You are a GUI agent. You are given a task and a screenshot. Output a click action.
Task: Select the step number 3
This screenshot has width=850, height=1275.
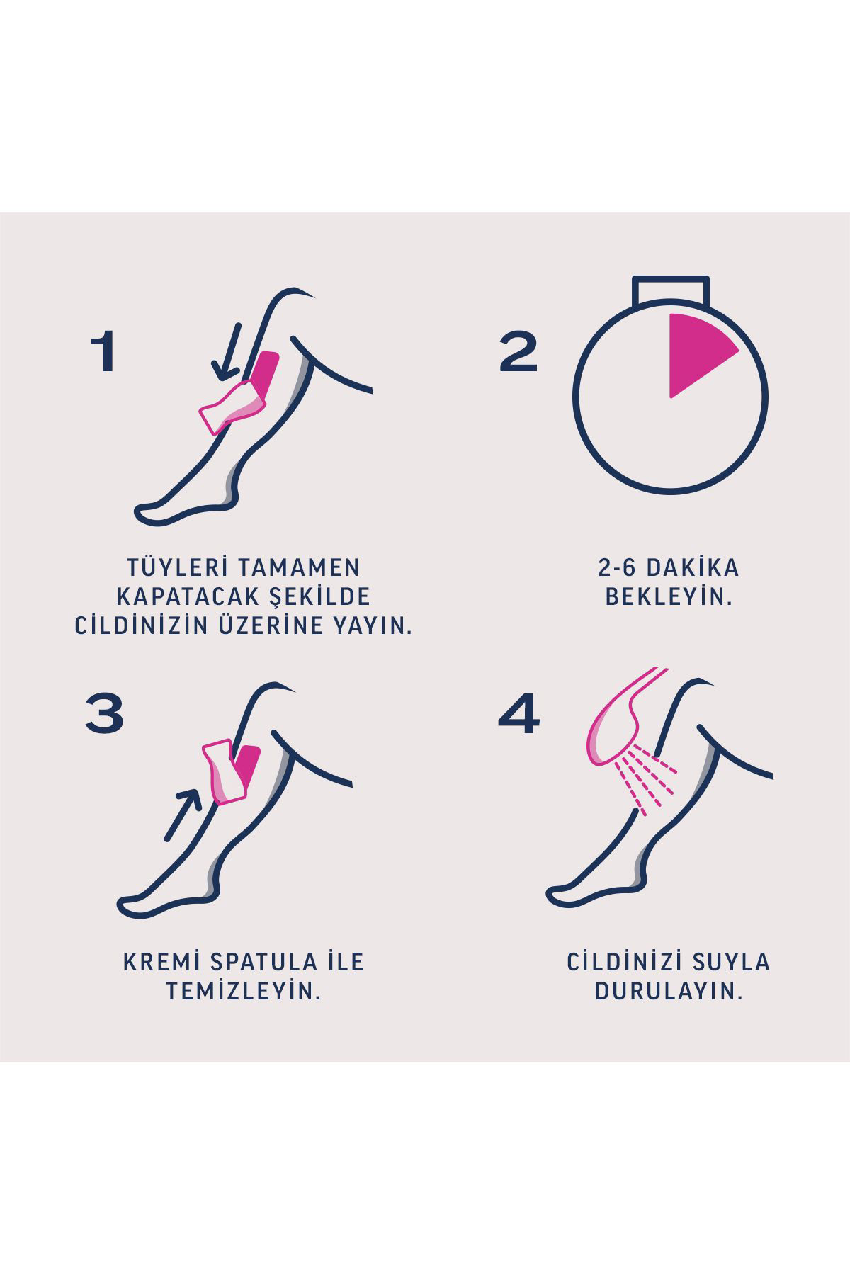[105, 713]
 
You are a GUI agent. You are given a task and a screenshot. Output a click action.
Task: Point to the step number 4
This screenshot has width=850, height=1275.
[518, 713]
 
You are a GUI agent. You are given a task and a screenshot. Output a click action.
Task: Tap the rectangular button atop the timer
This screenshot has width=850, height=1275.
[670, 291]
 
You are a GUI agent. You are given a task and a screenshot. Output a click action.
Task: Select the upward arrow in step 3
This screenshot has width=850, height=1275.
[181, 815]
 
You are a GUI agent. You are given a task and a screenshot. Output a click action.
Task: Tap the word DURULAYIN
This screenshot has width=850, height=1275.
[669, 991]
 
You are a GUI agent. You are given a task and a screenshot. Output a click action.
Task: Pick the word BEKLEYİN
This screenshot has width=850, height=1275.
[669, 596]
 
